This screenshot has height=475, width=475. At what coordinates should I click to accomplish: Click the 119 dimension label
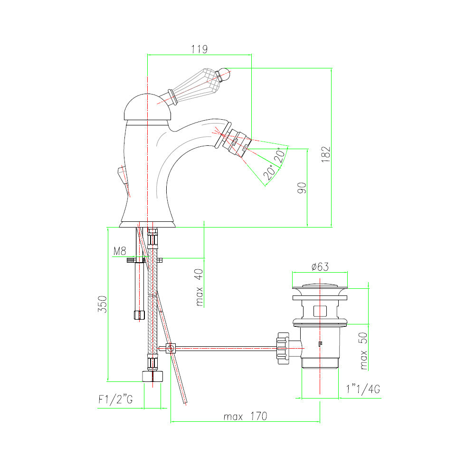click(199, 49)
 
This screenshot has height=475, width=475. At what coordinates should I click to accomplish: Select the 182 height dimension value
click(326, 154)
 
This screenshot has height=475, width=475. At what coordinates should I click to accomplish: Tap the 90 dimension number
click(302, 188)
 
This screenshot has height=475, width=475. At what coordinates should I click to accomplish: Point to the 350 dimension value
click(103, 304)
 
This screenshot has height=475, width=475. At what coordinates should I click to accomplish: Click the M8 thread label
click(120, 251)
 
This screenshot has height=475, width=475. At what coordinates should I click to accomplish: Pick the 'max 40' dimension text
click(199, 287)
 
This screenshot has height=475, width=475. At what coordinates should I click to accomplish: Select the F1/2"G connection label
click(115, 399)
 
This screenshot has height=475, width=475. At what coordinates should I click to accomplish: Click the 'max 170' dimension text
click(246, 416)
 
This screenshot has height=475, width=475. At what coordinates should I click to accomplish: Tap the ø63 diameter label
click(320, 266)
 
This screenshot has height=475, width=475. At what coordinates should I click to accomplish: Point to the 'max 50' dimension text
click(363, 351)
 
